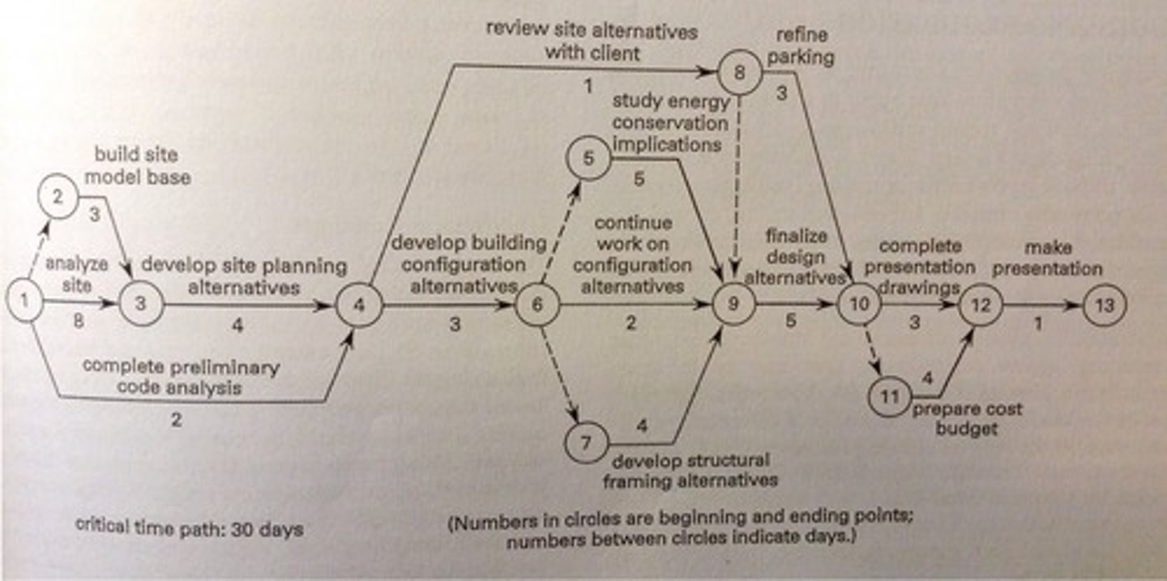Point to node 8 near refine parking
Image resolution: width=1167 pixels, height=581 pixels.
[740, 74]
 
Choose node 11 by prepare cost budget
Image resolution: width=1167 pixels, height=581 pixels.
[890, 397]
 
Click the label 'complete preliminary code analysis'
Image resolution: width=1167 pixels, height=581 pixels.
[180, 377]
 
